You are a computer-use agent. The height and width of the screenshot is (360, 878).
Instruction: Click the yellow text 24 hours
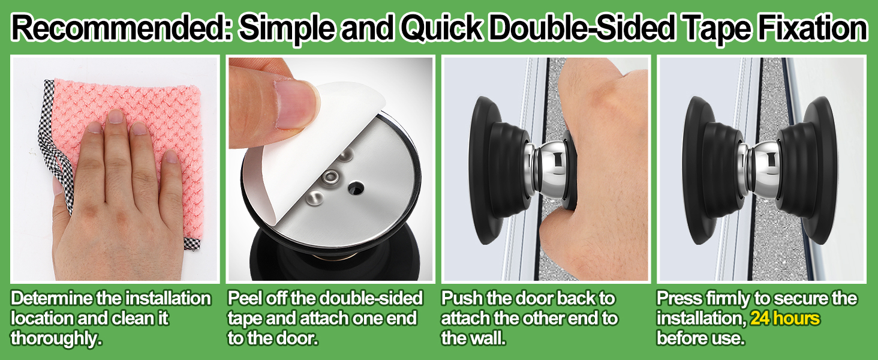pos(784,318)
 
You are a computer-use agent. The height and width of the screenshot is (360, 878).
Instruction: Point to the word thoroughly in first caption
pos(56,338)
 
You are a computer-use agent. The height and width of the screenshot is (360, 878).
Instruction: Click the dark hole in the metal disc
pos(356,188)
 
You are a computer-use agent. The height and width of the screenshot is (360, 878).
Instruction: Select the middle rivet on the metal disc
pos(330,177)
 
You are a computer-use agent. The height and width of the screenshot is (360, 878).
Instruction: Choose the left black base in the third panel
pos(497,170)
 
